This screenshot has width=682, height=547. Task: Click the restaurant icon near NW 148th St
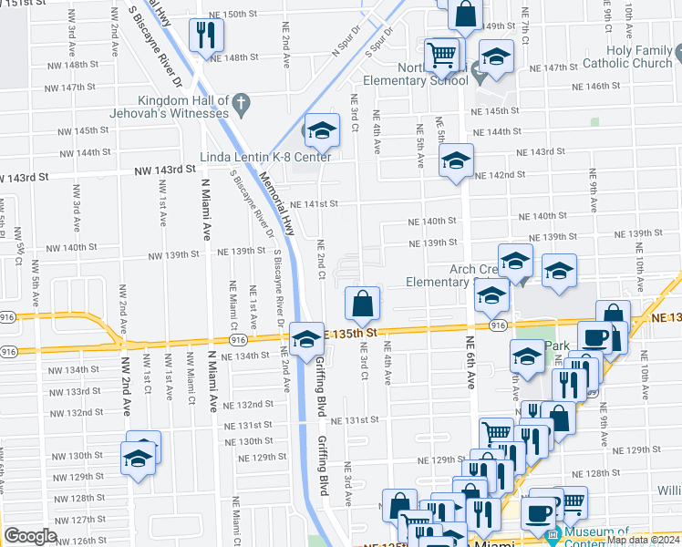click(205, 36)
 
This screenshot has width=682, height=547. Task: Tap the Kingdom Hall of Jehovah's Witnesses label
click(182, 107)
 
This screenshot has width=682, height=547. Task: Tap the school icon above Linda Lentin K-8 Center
click(321, 132)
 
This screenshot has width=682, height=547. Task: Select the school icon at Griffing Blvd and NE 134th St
click(307, 338)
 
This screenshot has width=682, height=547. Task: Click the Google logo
click(30, 536)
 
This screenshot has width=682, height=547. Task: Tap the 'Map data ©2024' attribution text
click(644, 540)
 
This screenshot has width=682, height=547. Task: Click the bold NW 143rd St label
click(165, 170)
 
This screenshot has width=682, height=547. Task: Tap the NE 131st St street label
click(355, 420)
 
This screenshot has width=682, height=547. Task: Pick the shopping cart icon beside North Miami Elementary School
click(442, 54)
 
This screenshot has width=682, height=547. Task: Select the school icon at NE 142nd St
click(456, 162)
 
